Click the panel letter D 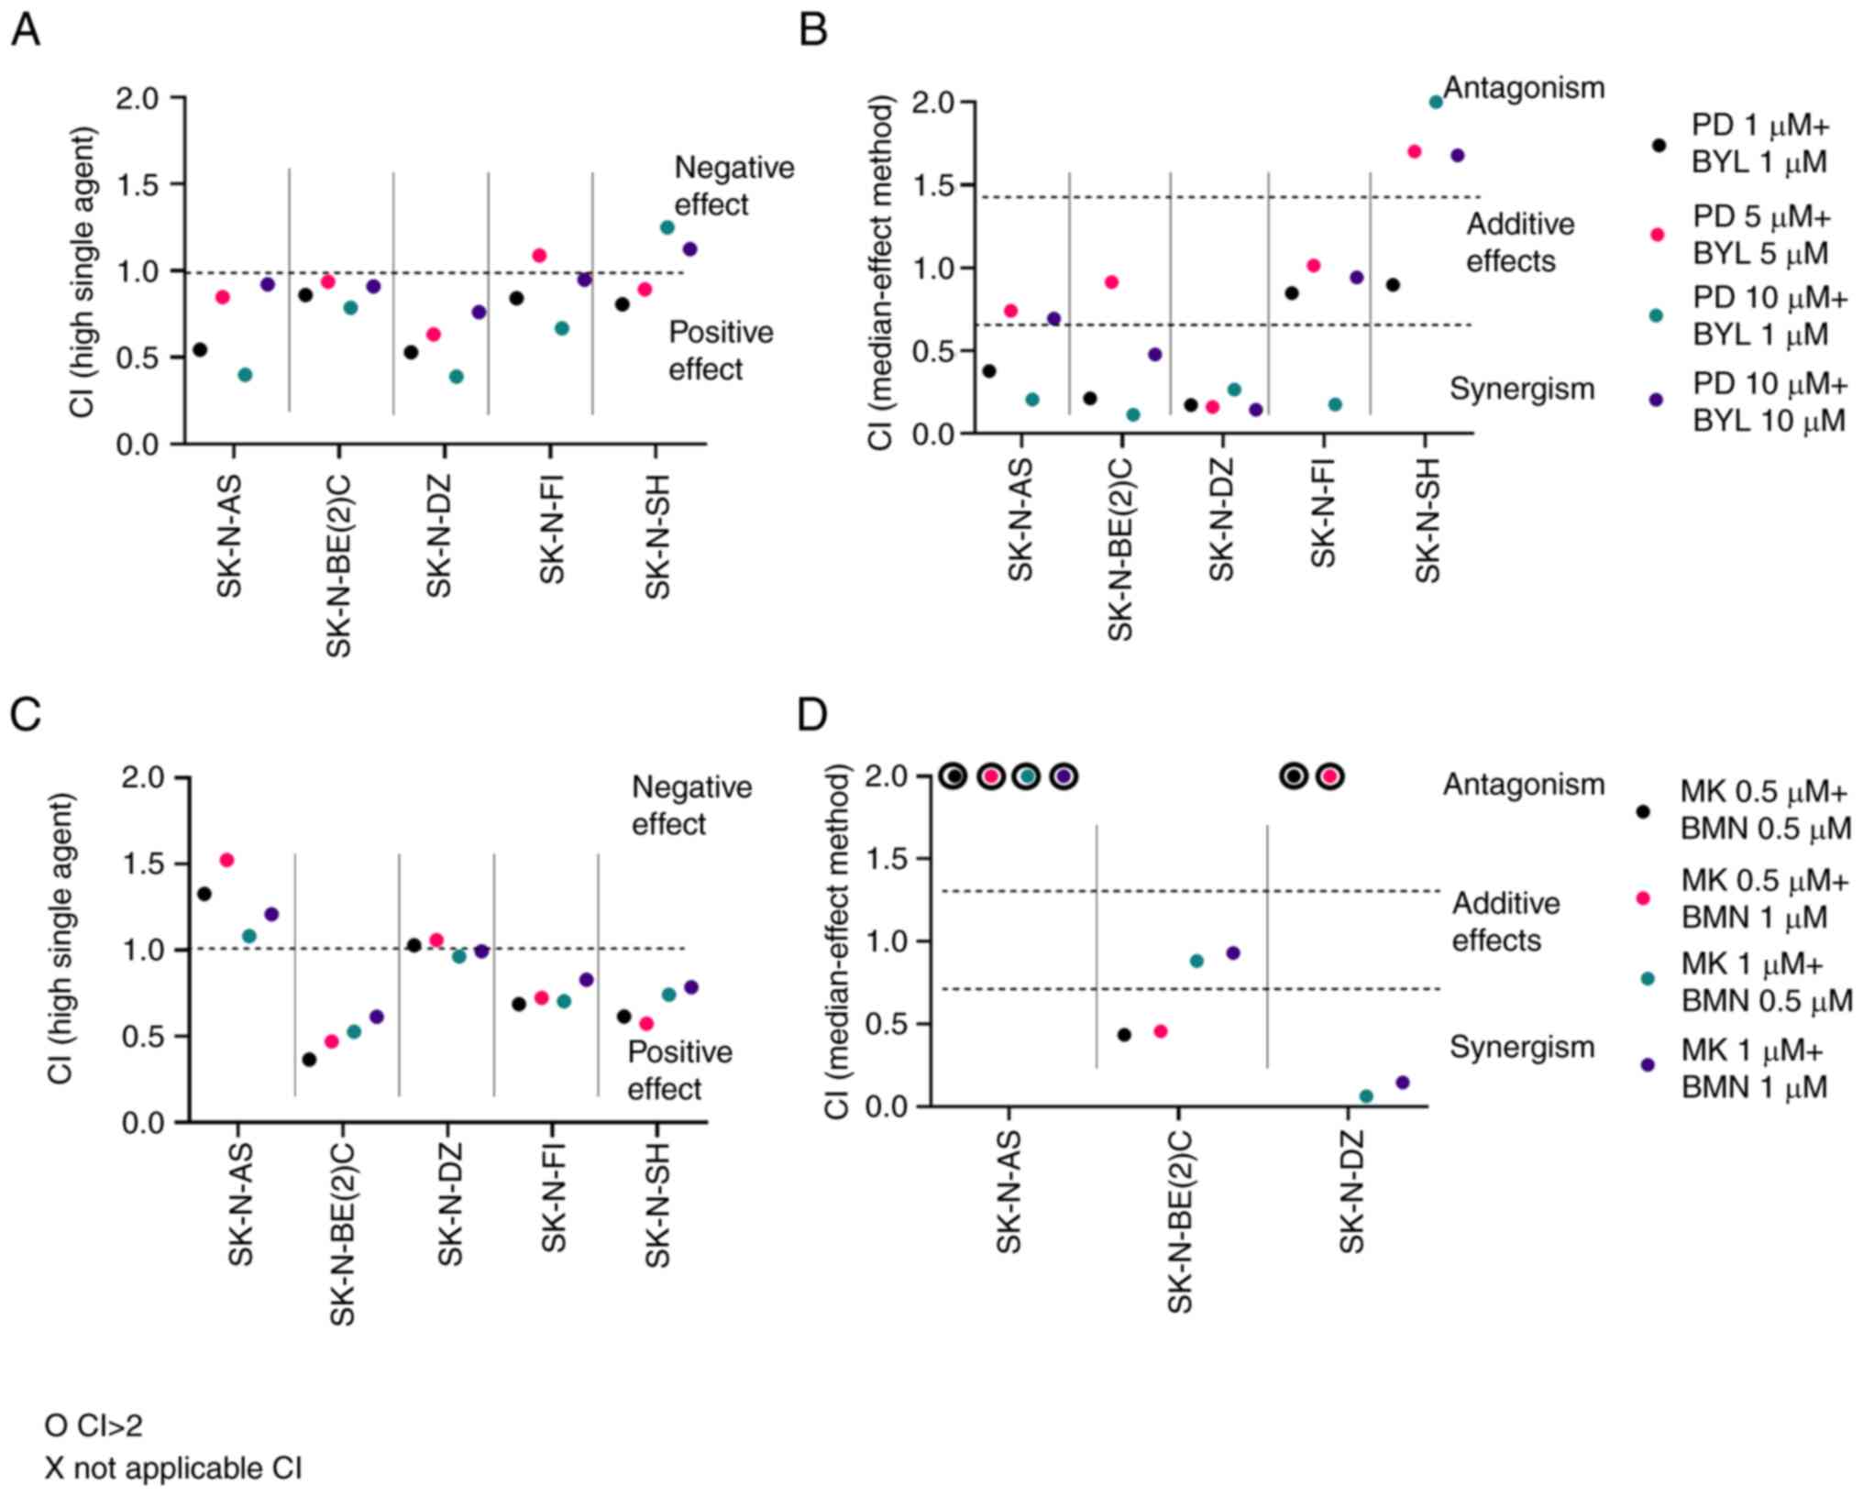click(x=812, y=714)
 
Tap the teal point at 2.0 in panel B click(x=1436, y=102)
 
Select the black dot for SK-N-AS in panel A click(x=200, y=349)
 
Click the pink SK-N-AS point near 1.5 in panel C click(x=226, y=860)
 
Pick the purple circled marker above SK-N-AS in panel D click(x=1064, y=776)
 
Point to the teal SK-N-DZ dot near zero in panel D click(x=1366, y=1095)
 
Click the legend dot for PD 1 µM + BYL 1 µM click(x=1658, y=145)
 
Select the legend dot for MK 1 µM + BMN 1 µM click(x=1648, y=1065)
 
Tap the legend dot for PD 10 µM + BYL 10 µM click(x=1656, y=400)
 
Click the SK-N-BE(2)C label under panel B click(x=1120, y=549)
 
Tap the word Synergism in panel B click(x=1522, y=389)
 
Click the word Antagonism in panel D click(x=1524, y=785)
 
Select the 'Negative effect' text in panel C click(x=691, y=805)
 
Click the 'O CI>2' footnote click(x=94, y=1425)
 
